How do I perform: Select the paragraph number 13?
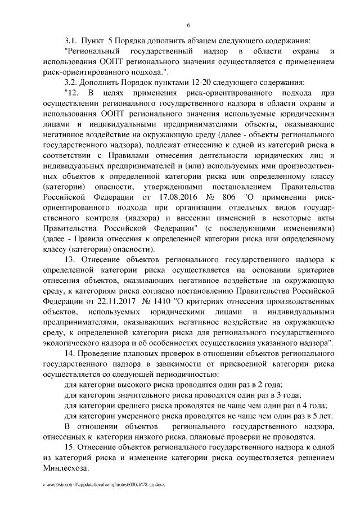(71, 260)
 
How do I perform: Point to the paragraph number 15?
(71, 447)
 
